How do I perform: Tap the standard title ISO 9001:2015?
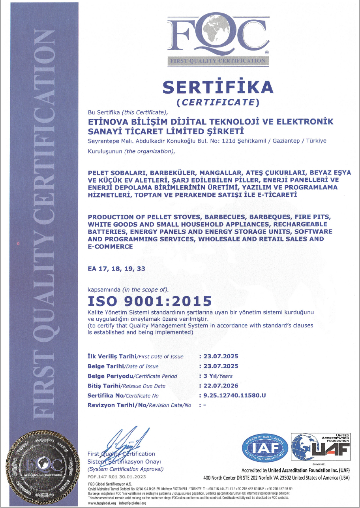(x=149, y=301)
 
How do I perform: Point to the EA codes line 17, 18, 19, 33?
(x=116, y=269)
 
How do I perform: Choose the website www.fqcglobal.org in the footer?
(x=102, y=503)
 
